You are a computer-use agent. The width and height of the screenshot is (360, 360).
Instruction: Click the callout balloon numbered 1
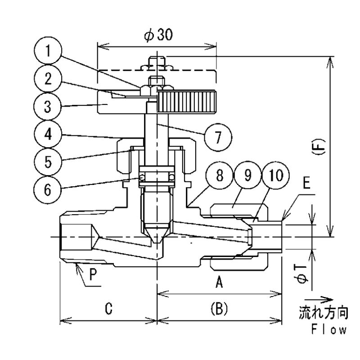(48, 50)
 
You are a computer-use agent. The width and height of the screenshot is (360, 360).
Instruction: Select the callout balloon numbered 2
(48, 78)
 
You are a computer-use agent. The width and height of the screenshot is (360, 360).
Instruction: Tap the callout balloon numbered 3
(48, 107)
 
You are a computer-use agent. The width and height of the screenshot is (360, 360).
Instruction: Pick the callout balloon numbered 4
(48, 134)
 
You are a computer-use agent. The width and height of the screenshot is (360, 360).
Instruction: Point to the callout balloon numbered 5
(48, 162)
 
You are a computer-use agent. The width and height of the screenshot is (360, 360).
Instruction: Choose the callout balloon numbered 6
(48, 189)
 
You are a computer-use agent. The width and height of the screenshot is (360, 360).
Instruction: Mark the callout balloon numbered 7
(218, 137)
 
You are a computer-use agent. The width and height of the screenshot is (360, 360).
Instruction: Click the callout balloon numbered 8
(220, 175)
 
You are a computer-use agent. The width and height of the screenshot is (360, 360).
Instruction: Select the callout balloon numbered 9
(247, 175)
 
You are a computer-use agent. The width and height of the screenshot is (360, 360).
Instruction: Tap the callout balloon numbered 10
(275, 175)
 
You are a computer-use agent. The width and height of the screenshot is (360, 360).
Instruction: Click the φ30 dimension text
(158, 36)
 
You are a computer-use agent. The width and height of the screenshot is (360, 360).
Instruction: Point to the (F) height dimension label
(321, 147)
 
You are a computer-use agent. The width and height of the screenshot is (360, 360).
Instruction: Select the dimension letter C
(108, 308)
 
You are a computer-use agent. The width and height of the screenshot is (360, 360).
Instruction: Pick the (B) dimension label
(219, 308)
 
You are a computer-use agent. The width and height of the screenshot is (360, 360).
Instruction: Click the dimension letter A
(220, 282)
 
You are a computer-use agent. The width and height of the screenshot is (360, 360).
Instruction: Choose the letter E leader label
(306, 183)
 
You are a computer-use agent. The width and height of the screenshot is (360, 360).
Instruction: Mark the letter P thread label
(93, 274)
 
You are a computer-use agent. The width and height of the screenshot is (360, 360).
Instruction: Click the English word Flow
(328, 330)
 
